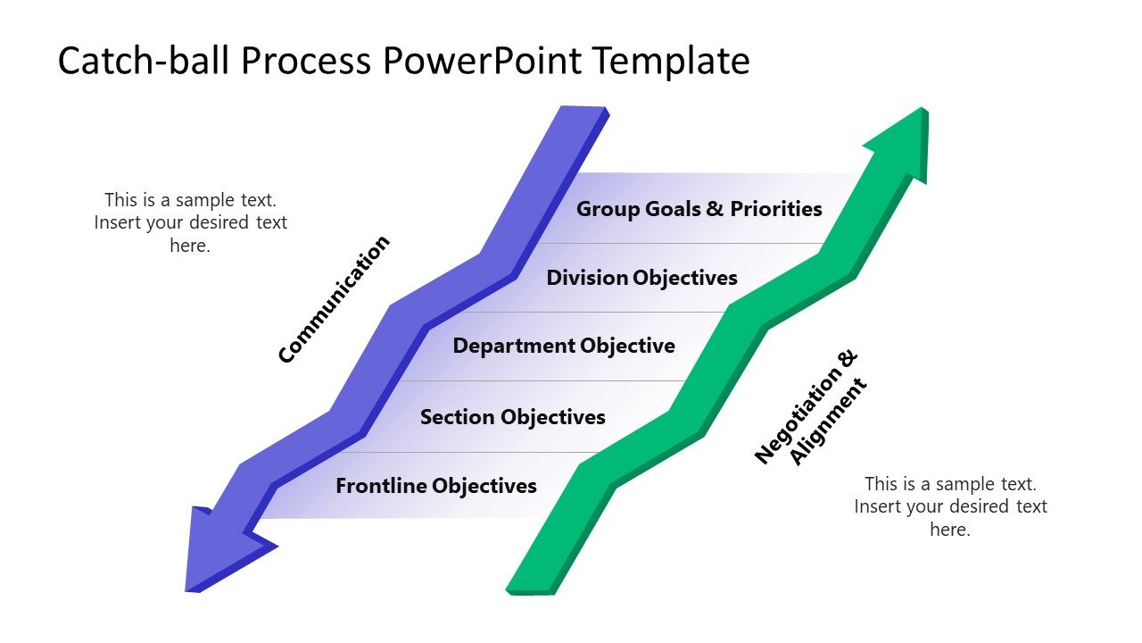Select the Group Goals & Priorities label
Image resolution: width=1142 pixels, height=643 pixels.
[x=699, y=209]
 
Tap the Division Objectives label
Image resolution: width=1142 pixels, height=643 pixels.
[x=641, y=278]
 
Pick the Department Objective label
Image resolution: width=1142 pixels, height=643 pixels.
[x=564, y=346]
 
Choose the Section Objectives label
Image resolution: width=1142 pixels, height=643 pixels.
[x=512, y=417]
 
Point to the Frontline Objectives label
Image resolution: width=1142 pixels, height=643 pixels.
[x=435, y=486]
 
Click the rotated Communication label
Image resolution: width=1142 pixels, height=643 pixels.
[x=334, y=300]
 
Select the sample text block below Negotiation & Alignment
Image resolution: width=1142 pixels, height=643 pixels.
[x=950, y=506]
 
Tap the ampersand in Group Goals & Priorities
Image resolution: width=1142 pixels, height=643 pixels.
[x=716, y=209]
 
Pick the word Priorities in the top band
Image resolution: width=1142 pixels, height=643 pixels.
[x=776, y=209]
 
